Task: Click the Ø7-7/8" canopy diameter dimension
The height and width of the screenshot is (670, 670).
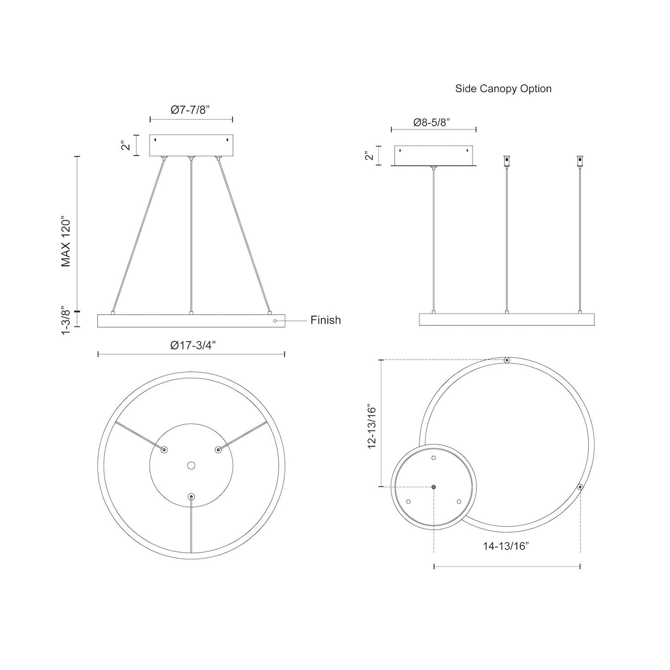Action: [191, 110]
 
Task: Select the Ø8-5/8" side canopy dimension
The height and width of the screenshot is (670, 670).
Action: [432, 122]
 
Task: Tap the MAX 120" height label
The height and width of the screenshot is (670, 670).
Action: [66, 241]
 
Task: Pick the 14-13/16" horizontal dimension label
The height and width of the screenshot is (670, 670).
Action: [506, 546]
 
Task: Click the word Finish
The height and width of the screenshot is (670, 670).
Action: [325, 320]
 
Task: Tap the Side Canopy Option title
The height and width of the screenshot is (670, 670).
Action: [503, 89]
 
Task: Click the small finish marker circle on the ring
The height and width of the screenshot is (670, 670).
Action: [275, 321]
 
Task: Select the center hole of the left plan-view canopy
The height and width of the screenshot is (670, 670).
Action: [191, 465]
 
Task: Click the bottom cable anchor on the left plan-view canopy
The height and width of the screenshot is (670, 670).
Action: [191, 497]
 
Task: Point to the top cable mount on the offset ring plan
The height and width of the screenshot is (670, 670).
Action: [507, 360]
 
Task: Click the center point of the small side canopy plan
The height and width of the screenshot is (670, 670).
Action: [434, 487]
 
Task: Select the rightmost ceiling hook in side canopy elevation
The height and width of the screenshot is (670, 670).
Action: [580, 161]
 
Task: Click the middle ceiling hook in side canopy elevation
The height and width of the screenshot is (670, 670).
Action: [506, 161]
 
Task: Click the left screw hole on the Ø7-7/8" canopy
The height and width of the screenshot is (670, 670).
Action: [156, 140]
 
